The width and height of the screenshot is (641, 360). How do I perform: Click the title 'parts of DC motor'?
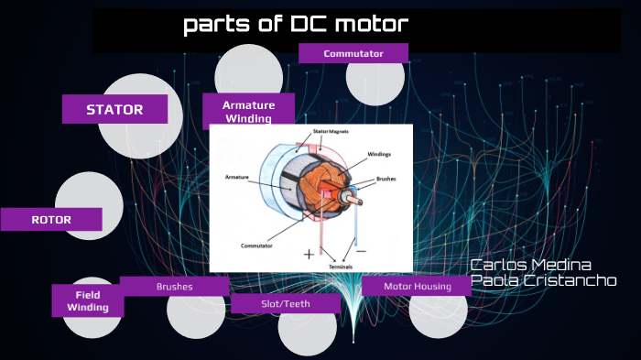click(295, 25)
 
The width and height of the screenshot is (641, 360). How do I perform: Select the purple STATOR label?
click(114, 110)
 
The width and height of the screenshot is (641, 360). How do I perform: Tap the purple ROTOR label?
click(51, 220)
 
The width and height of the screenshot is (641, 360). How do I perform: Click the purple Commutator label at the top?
click(353, 54)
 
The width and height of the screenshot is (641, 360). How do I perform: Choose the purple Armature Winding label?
click(248, 111)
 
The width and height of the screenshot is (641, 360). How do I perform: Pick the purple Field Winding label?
click(87, 301)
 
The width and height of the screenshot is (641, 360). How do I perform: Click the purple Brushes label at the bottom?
click(174, 287)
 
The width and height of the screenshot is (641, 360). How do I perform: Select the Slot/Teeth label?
click(285, 303)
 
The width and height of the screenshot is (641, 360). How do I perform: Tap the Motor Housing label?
click(417, 287)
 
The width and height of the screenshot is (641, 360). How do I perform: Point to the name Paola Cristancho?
click(543, 281)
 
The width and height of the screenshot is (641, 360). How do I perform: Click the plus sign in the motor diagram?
click(309, 253)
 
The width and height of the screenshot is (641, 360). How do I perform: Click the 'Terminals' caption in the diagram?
click(340, 267)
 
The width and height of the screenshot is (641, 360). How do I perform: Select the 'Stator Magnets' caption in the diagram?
click(331, 132)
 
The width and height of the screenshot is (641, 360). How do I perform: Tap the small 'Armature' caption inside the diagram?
click(236, 176)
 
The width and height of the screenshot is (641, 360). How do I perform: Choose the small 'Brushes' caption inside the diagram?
click(386, 180)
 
